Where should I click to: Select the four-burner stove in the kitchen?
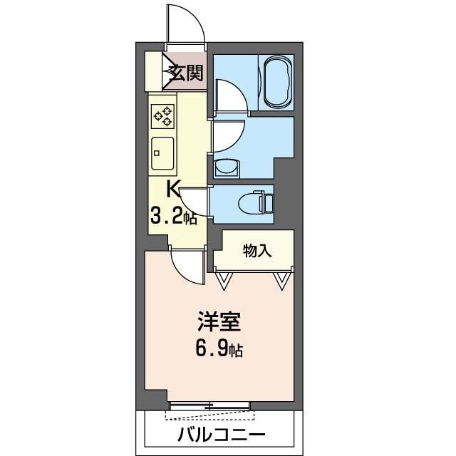click(163, 116)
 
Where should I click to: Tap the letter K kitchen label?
click(173, 189)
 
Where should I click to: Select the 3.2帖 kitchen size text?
click(173, 217)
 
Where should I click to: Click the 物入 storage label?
click(256, 250)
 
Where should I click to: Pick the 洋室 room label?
click(219, 322)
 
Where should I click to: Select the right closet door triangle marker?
click(282, 281)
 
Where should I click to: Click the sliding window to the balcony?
click(209, 407)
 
